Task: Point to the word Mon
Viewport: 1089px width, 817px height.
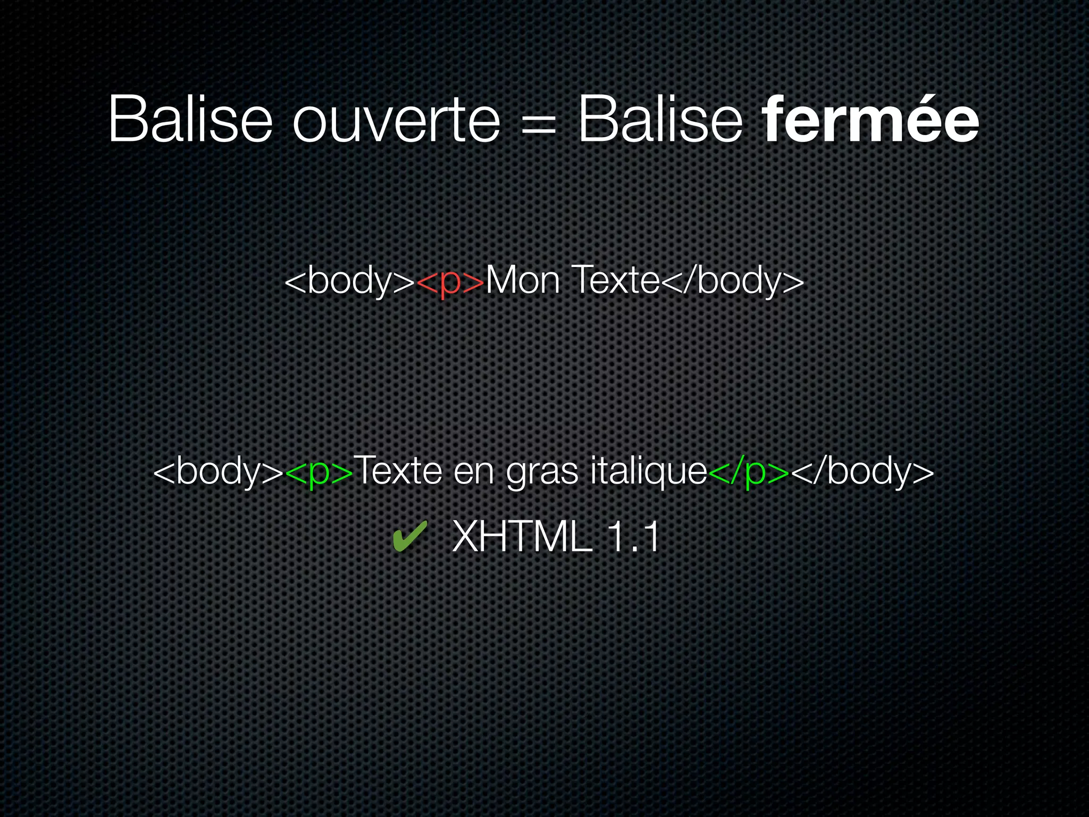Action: coord(523,280)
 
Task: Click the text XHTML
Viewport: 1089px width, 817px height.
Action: coord(522,537)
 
